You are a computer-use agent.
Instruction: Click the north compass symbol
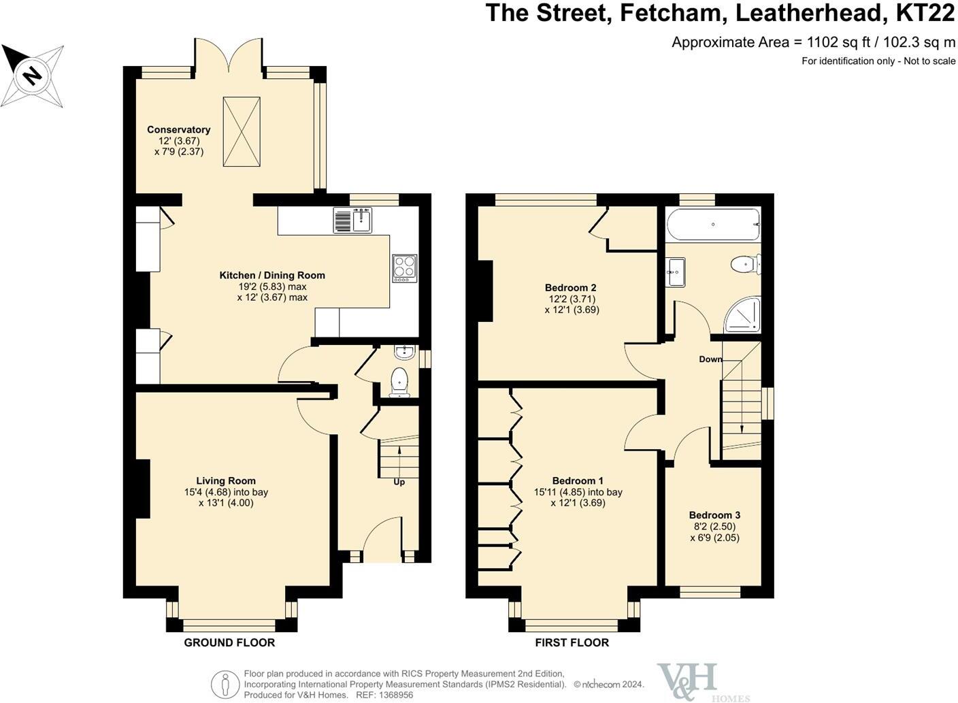(32, 75)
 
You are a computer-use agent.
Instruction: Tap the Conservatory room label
(179, 129)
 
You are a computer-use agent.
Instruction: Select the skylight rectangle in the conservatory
(242, 131)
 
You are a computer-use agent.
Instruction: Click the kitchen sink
(352, 220)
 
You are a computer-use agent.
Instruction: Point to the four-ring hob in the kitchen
(405, 268)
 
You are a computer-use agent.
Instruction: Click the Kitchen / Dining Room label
(272, 276)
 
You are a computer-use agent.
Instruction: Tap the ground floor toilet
(399, 382)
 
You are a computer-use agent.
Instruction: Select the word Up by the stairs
(399, 482)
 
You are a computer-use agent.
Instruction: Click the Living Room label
(226, 480)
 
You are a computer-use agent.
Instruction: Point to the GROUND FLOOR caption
(229, 642)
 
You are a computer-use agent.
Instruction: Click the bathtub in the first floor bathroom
(713, 224)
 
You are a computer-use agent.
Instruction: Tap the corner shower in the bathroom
(743, 315)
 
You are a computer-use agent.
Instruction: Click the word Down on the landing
(710, 359)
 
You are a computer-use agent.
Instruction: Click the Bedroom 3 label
(714, 515)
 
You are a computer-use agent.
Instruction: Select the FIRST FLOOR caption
(572, 642)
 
